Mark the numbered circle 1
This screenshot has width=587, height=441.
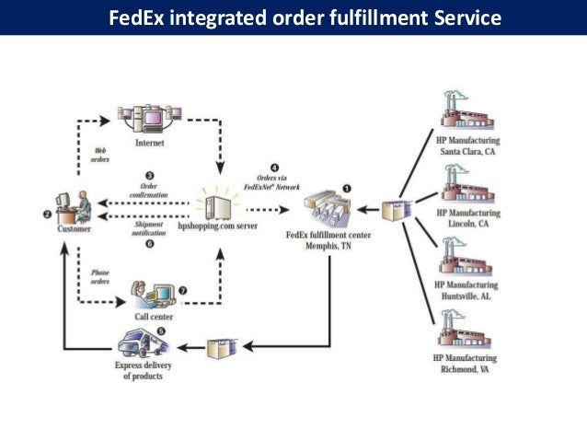click(x=347, y=187)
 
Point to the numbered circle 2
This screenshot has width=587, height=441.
click(x=47, y=215)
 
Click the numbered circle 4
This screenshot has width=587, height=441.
click(x=275, y=168)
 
